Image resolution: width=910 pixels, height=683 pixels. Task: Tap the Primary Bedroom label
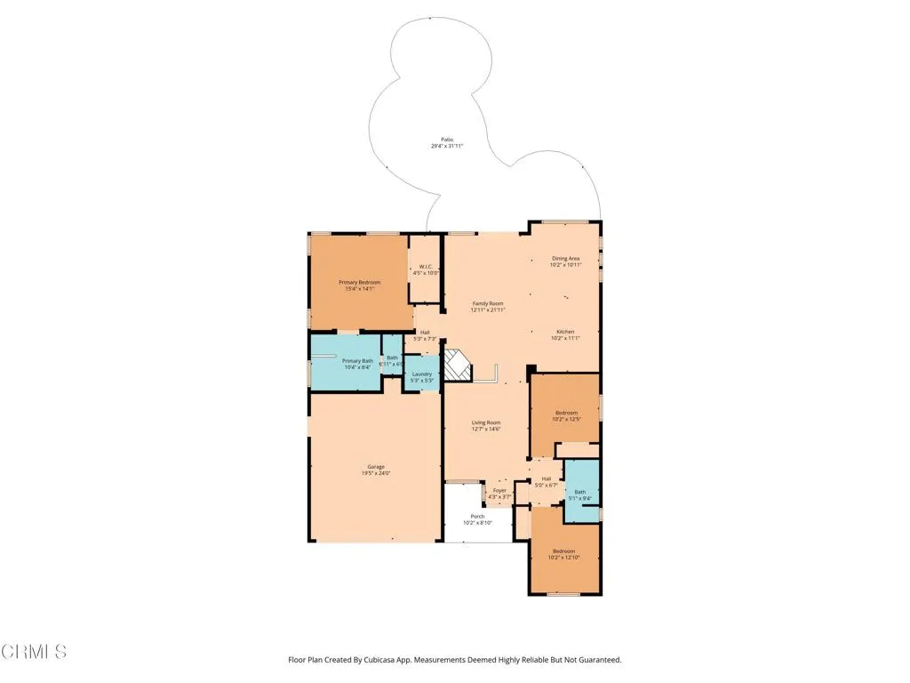[359, 285]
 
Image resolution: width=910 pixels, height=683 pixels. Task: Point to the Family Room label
[488, 306]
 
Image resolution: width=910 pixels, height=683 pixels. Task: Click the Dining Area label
[565, 261]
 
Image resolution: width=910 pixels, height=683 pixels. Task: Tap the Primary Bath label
[357, 364]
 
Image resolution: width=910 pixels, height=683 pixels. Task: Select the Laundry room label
[421, 377]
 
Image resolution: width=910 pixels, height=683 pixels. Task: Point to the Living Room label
[486, 425]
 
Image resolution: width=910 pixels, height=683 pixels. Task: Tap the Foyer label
[499, 491]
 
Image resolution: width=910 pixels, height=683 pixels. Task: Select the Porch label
[477, 519]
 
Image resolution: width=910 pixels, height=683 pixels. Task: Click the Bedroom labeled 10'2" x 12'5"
[566, 415]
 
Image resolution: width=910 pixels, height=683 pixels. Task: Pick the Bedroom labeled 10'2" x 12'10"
[566, 553]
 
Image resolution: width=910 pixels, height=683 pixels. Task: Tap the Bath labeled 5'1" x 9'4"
[580, 494]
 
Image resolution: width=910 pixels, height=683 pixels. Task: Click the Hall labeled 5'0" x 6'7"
[547, 482]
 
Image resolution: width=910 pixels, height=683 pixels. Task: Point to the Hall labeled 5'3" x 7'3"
[425, 335]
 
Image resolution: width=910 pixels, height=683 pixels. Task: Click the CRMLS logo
[34, 652]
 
